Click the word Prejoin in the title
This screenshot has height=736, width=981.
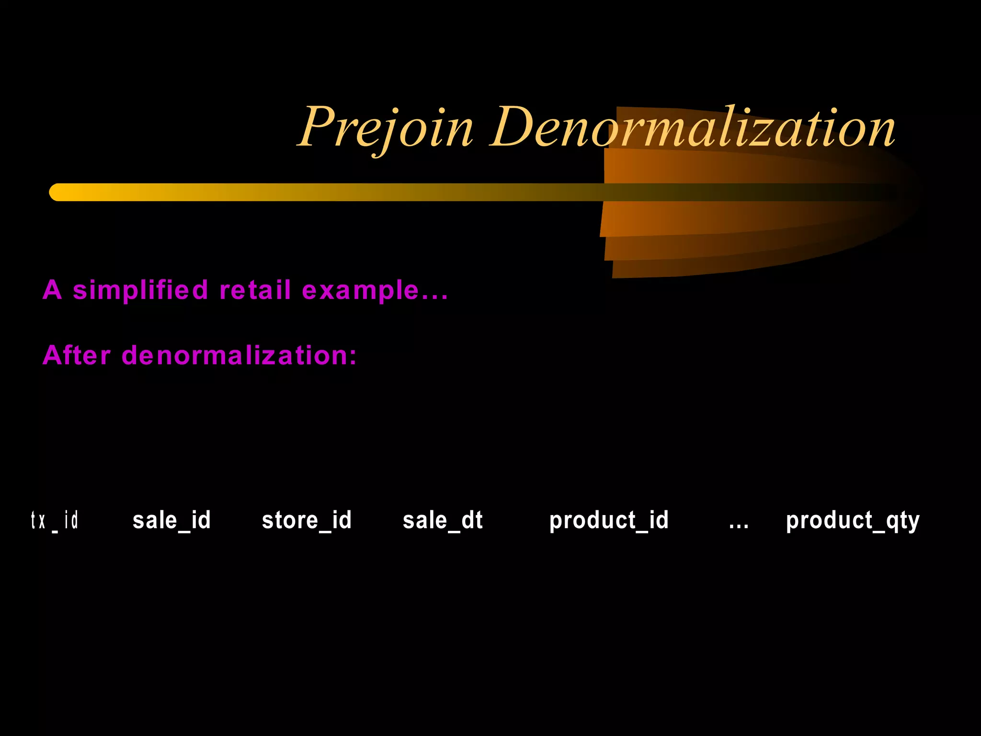pos(386,127)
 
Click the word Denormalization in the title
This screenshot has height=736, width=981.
pos(693,127)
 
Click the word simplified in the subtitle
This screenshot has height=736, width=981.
pos(140,290)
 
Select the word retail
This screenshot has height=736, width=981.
pos(255,290)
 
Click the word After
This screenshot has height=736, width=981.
pos(77,356)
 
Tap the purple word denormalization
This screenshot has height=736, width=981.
pos(234,356)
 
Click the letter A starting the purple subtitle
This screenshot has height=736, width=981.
pos(52,290)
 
